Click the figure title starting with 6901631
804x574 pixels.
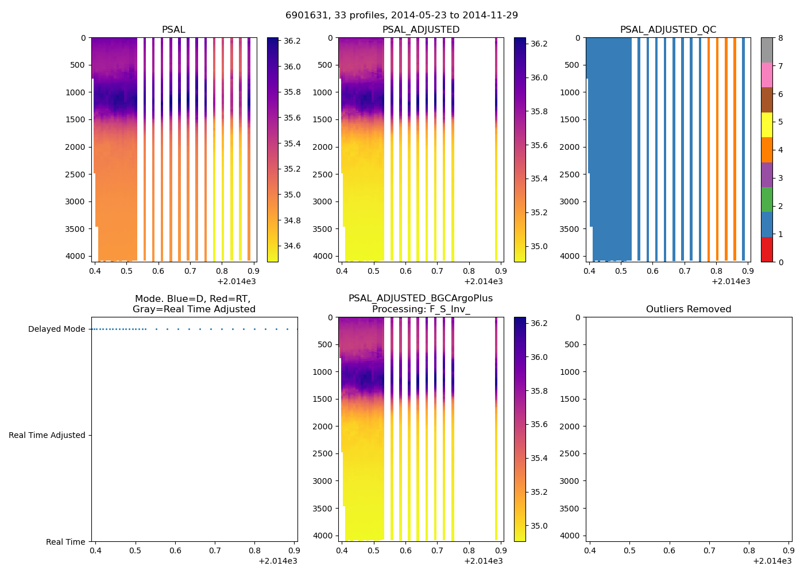[x=401, y=15]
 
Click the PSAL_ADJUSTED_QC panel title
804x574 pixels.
[x=668, y=30]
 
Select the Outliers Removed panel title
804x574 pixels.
[x=688, y=309]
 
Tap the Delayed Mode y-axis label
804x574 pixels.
[x=56, y=329]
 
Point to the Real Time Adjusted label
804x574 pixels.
[x=47, y=436]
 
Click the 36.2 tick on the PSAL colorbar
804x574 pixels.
[x=292, y=41]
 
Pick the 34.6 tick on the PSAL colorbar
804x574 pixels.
[x=292, y=246]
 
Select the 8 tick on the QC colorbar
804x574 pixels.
[x=780, y=38]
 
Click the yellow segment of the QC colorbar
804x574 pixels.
[x=766, y=125]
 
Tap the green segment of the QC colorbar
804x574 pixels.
[x=766, y=200]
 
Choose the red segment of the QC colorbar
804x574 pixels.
[x=766, y=250]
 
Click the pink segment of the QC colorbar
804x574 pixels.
[x=766, y=75]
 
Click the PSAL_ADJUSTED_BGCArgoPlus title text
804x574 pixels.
[x=420, y=298]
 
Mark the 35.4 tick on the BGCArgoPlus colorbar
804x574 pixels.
[x=539, y=459]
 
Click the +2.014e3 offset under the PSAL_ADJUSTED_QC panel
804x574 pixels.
[x=730, y=281]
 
